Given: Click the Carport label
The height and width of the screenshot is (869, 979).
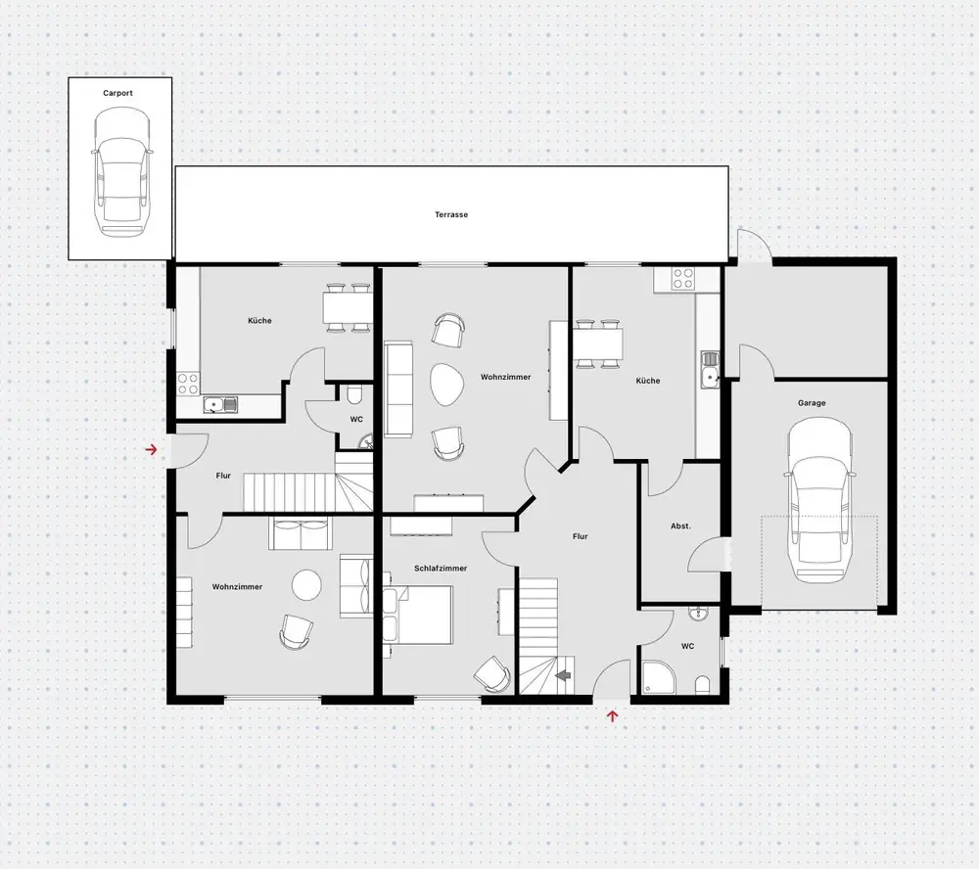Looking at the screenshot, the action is (118, 93).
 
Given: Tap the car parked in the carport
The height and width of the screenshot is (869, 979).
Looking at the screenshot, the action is (121, 171).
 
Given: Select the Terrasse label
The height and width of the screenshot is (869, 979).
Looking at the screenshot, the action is (451, 214).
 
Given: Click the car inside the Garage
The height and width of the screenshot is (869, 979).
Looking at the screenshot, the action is (818, 500).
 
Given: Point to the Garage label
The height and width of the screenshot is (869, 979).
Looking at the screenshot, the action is (812, 402).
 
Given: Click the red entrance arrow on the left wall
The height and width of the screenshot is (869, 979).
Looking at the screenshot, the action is (151, 449).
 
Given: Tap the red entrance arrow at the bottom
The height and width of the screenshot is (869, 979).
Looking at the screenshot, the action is (613, 716).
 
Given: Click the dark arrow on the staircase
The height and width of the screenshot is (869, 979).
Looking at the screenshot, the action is (564, 675).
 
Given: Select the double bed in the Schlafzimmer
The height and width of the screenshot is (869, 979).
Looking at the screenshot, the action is (418, 615).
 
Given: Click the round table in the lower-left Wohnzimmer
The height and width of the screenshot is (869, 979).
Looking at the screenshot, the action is (306, 585).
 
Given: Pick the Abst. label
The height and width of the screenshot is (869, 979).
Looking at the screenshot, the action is (680, 526).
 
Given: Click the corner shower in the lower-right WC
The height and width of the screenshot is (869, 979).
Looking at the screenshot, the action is (659, 677).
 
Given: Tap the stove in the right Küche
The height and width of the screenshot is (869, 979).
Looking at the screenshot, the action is (683, 279).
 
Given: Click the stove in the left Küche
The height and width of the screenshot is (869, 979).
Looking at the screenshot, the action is (188, 384).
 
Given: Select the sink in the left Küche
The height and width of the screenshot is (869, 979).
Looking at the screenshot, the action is (219, 405).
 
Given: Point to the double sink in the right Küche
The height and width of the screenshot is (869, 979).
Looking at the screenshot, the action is (710, 369).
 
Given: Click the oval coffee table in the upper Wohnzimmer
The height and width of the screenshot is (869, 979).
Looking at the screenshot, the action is (447, 385).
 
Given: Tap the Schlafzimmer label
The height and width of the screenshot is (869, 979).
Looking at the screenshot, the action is (441, 569).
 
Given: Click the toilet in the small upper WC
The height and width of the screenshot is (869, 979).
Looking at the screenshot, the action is (354, 395).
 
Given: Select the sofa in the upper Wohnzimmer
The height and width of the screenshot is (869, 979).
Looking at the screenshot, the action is (398, 389).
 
